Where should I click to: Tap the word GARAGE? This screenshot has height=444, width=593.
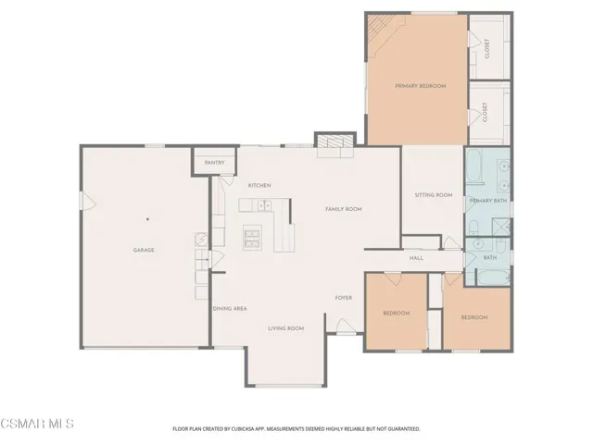tap(144, 250)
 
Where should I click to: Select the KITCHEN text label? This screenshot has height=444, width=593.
tap(259, 186)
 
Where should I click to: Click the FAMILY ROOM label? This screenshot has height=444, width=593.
tap(343, 210)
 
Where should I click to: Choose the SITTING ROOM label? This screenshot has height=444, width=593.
tap(433, 195)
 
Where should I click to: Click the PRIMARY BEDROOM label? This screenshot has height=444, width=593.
tap(420, 86)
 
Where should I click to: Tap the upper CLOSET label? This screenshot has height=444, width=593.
tap(487, 45)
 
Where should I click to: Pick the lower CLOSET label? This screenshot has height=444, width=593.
tap(487, 113)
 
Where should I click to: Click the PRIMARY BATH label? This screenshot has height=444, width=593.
tap(486, 201)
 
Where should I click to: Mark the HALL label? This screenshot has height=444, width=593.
tap(416, 258)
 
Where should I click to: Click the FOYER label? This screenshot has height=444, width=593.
tap(344, 297)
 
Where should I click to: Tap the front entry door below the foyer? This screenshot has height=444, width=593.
tap(343, 326)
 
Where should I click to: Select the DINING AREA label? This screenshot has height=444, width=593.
tap(229, 308)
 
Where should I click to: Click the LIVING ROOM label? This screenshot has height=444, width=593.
tap(286, 328)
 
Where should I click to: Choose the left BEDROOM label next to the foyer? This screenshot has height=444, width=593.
tap(397, 313)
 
